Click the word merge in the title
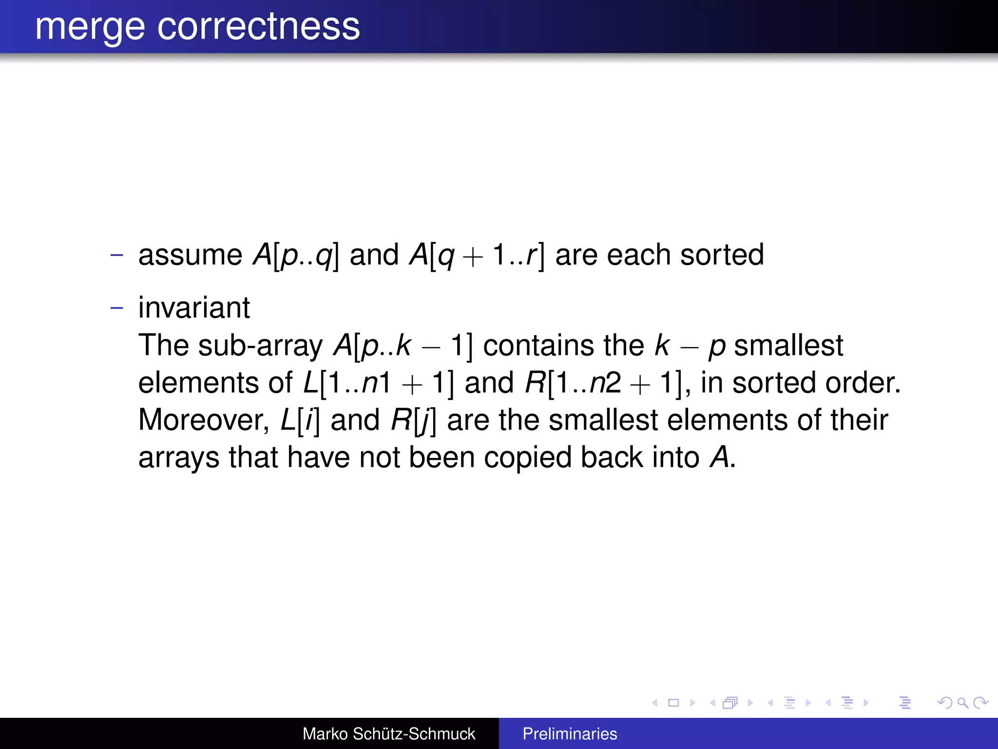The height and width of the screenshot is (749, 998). click(90, 27)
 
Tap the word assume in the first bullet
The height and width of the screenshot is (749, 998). click(190, 255)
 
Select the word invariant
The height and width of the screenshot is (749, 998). click(194, 308)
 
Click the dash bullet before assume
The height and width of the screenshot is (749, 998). click(116, 255)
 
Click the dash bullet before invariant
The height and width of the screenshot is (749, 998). click(116, 308)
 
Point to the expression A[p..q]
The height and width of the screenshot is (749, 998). click(295, 255)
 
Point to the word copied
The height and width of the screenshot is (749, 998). click(527, 457)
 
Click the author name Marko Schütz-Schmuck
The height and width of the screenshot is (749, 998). click(388, 733)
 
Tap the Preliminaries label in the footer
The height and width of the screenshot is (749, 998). click(570, 733)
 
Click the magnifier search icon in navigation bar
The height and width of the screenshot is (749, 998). click(962, 703)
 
